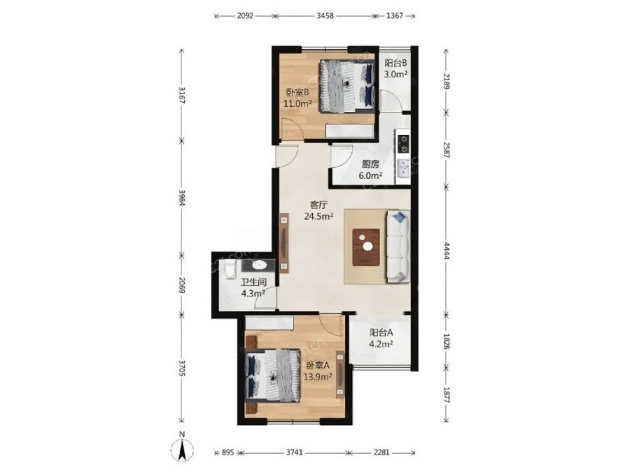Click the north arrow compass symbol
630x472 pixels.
(x=183, y=449)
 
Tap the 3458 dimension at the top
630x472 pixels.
(x=325, y=16)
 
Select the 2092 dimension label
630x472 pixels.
(x=245, y=16)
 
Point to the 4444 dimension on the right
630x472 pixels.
(x=447, y=250)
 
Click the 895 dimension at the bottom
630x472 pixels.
(x=227, y=452)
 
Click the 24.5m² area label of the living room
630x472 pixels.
(x=318, y=217)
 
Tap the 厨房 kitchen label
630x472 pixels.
(x=370, y=164)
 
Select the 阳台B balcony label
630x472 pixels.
(x=395, y=64)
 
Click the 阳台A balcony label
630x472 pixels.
(x=381, y=332)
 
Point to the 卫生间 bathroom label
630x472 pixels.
(x=253, y=283)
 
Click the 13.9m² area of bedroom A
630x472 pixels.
(x=317, y=377)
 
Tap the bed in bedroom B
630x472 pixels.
(x=347, y=86)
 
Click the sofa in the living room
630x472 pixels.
(x=398, y=246)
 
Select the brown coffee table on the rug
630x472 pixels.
(x=366, y=248)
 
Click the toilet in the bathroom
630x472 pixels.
(x=230, y=269)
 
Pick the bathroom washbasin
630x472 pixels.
(x=258, y=265)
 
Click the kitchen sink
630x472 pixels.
(x=403, y=168)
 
